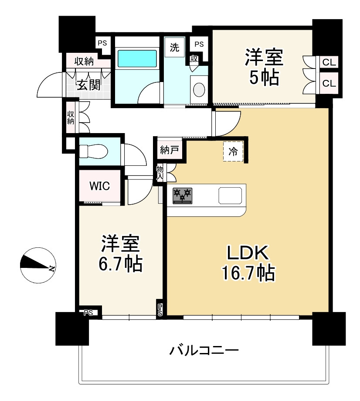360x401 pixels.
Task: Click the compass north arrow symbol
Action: click(x=37, y=264)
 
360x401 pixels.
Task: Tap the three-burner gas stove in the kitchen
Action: click(x=182, y=195)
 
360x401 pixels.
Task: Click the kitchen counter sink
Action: click(x=230, y=195)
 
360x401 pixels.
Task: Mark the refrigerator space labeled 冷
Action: click(x=233, y=151)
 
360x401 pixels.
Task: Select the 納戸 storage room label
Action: click(x=170, y=151)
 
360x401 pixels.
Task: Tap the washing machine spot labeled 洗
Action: click(x=174, y=48)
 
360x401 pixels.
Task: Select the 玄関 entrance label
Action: click(x=89, y=84)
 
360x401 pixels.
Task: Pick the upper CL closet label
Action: click(x=329, y=62)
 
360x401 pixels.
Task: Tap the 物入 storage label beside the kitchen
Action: click(x=160, y=172)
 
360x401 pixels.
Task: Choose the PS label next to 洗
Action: click(x=199, y=44)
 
